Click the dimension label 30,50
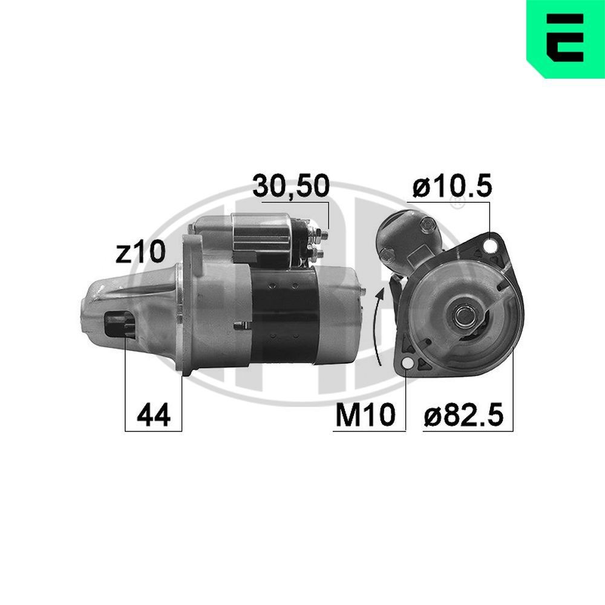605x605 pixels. [290, 187]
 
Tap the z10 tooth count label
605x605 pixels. [140, 253]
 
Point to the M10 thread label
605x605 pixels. [364, 415]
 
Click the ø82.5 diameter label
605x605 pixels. [463, 415]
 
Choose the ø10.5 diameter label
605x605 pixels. [453, 187]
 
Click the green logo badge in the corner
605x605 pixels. [566, 38]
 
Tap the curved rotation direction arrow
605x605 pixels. [379, 327]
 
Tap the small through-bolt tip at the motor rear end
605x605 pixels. [364, 292]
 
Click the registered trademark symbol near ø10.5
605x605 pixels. [458, 205]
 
